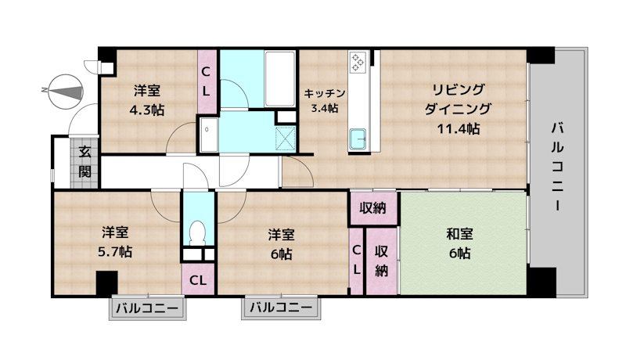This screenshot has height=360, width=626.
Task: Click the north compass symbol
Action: (x=62, y=91)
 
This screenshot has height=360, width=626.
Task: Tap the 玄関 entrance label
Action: (x=85, y=162)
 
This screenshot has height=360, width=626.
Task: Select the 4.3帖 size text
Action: (x=146, y=110)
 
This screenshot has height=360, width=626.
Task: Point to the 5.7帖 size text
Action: (x=115, y=252)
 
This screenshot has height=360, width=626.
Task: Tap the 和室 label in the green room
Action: (x=459, y=234)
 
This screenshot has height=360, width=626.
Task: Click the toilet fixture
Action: (x=198, y=232)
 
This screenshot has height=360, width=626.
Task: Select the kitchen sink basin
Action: (x=359, y=138)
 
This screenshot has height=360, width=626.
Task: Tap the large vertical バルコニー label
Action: (x=557, y=167)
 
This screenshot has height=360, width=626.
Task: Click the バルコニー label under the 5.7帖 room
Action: (x=147, y=308)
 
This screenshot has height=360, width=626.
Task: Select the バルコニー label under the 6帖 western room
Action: (x=281, y=308)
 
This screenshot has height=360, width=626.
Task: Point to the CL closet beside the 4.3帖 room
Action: (x=207, y=81)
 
